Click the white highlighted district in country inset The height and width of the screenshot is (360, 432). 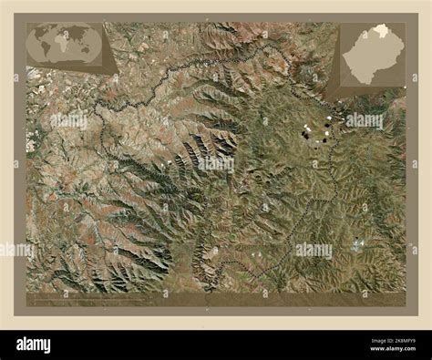coord(379,32)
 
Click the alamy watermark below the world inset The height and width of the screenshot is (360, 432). coord(69,119)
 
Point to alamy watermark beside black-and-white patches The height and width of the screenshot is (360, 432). coord(365,119)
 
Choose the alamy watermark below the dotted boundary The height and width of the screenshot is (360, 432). coord(313,249)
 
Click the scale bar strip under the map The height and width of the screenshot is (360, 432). coord(216,298)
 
